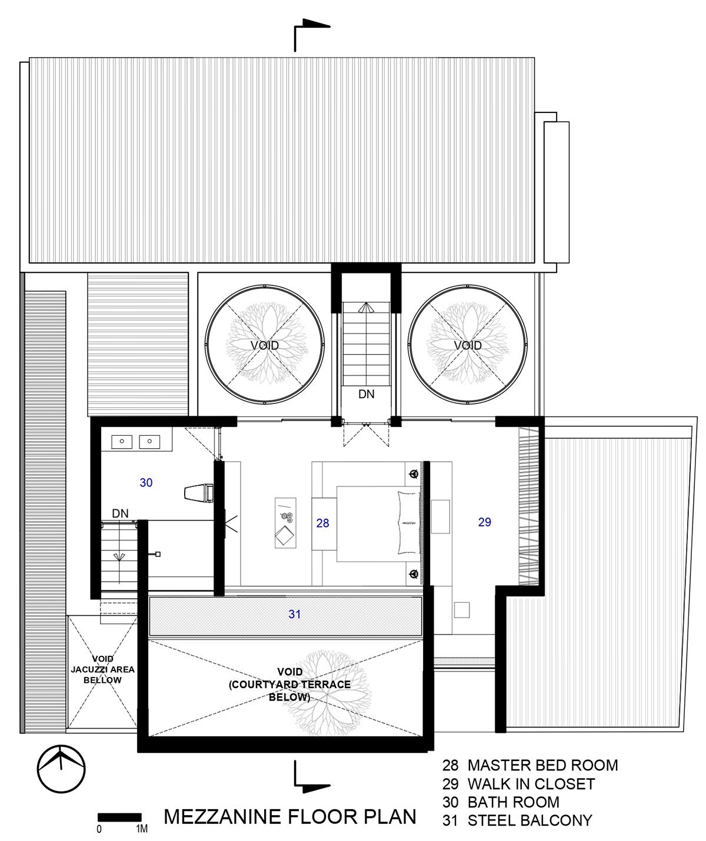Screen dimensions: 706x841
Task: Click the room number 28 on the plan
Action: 322,523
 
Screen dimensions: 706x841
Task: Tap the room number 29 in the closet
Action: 484,522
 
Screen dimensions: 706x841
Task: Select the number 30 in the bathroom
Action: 146,482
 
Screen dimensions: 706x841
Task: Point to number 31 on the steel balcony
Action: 295,614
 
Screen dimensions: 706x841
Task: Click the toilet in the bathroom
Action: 199,493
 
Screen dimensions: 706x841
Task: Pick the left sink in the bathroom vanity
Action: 122,442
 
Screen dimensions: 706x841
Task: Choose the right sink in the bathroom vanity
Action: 149,442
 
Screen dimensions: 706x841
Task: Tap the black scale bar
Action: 119,817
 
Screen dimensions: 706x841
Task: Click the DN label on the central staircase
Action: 367,394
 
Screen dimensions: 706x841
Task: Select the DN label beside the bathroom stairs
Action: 120,513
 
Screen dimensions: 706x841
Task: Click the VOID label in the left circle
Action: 264,345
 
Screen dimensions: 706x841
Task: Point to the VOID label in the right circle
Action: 468,345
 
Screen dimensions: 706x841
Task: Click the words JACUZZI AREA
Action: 103,669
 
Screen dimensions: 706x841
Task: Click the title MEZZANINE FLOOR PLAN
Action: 289,816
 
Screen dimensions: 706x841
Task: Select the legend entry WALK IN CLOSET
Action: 531,784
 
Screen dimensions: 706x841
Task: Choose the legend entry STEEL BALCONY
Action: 530,820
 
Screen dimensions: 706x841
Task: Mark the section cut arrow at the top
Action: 312,35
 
